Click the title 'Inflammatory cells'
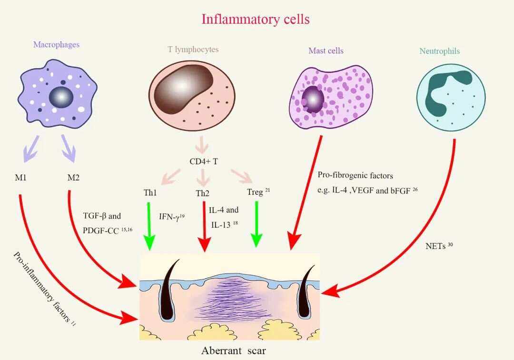pyautogui.click(x=256, y=19)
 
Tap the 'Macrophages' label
pyautogui.click(x=56, y=45)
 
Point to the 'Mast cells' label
pyautogui.click(x=326, y=50)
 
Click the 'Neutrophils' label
pyautogui.click(x=439, y=51)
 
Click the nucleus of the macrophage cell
pyautogui.click(x=61, y=97)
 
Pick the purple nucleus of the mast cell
pyautogui.click(x=313, y=99)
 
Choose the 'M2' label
pyautogui.click(x=73, y=178)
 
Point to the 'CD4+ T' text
pyautogui.click(x=204, y=161)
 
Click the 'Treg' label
pyautogui.click(x=255, y=192)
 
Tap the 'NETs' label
pyautogui.click(x=433, y=247)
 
